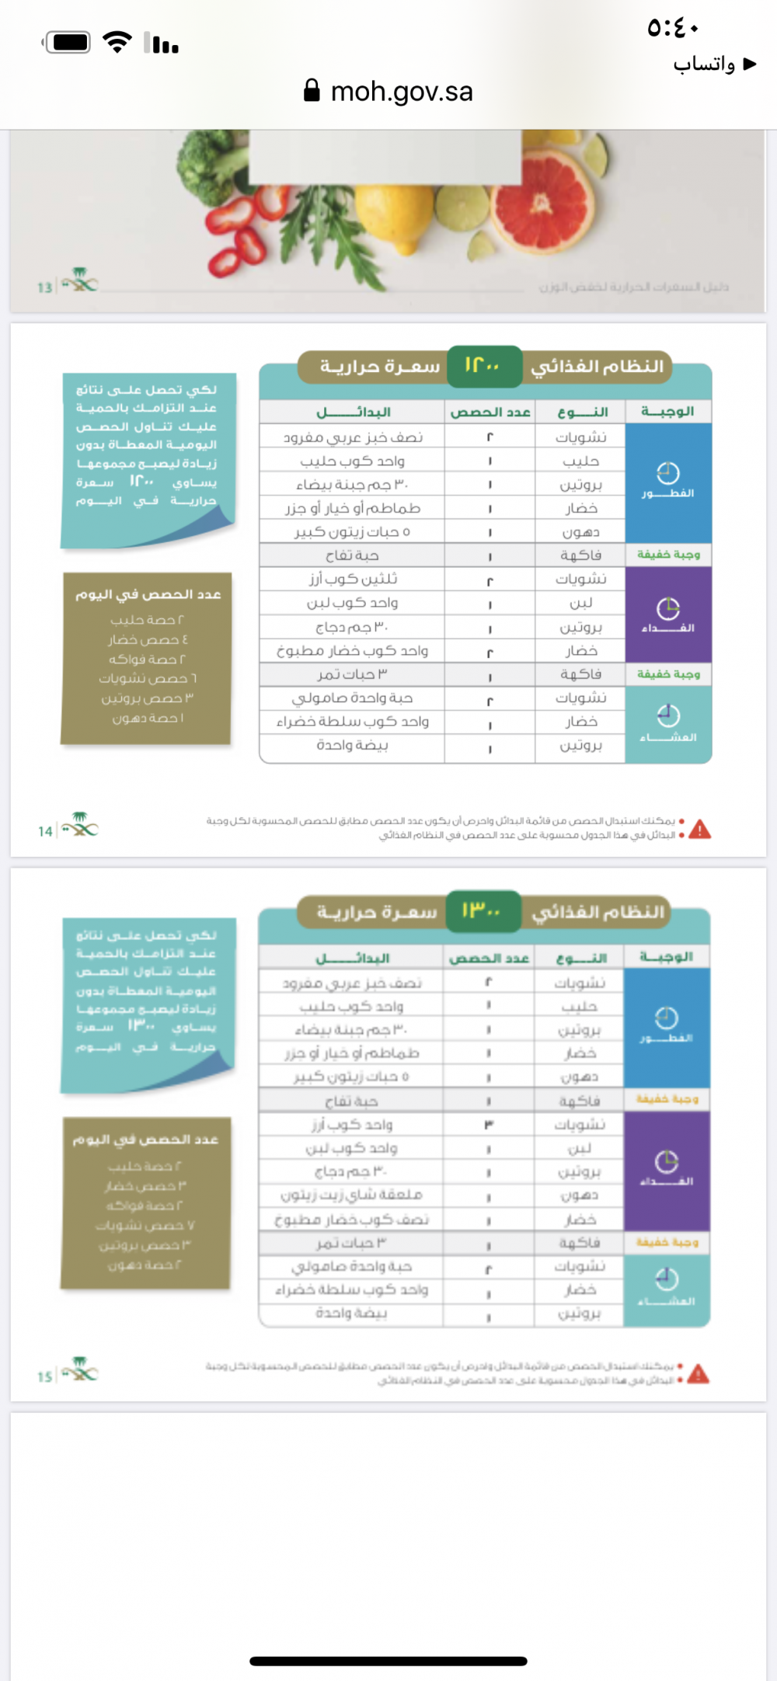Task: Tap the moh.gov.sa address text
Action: pos(402,92)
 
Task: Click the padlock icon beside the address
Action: pos(312,90)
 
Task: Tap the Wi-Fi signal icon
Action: pos(117,42)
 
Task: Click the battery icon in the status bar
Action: pos(69,42)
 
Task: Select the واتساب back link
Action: pos(713,64)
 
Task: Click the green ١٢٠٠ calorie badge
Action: pos(483,366)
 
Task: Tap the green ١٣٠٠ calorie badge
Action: pos(482,910)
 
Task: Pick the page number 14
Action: pos(45,831)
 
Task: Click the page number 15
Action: pos(45,1376)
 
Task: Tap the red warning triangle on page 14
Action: pos(699,830)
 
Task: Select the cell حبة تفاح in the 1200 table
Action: pos(352,555)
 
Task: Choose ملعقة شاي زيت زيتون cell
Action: pos(351,1195)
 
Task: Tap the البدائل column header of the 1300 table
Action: pos(352,958)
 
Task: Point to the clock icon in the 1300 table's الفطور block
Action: pos(667,1017)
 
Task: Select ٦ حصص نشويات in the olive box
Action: pos(148,678)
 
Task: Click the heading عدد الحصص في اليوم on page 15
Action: pos(146,1140)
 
